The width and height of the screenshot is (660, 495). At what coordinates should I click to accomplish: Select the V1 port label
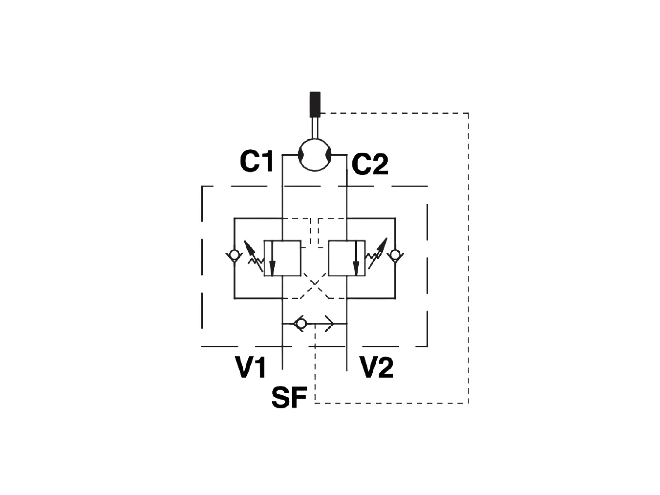(251, 367)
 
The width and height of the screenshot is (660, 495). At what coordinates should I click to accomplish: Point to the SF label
(289, 397)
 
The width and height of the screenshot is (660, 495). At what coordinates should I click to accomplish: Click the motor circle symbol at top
(314, 155)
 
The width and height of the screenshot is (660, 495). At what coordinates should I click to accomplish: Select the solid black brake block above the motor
(315, 104)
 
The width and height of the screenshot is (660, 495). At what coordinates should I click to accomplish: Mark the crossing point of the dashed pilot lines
(315, 283)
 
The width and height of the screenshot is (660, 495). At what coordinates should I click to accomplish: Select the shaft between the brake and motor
(315, 128)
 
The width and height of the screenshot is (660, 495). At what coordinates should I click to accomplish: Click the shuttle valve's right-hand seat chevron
(329, 324)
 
